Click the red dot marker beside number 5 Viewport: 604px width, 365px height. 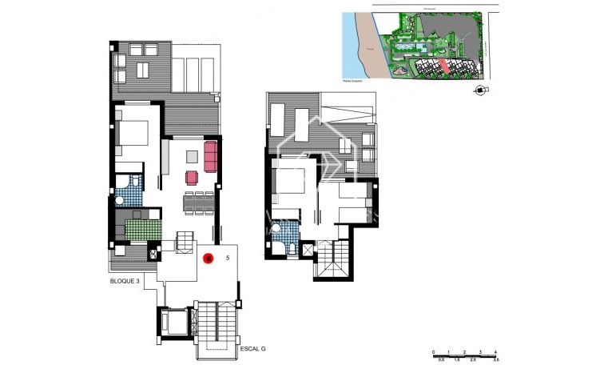208,259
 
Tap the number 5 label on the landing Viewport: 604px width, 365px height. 228,258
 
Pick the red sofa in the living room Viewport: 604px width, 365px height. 212,156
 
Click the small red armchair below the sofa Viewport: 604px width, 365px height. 192,176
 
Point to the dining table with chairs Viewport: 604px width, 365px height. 200,202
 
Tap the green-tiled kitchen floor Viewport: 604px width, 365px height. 142,231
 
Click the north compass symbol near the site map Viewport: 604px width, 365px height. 479,90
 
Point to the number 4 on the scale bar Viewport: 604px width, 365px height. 495,353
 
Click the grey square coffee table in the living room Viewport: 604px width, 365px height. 192,155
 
